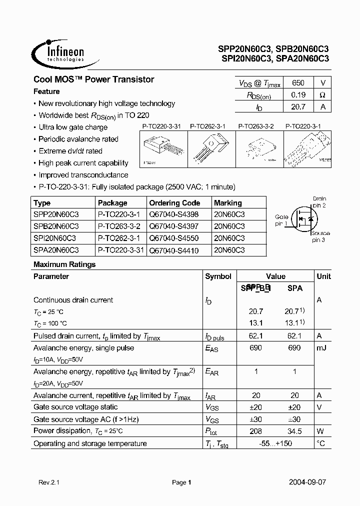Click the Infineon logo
59,52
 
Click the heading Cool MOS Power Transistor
93,79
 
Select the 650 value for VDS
297,83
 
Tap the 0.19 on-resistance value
297,94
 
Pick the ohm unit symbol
322,94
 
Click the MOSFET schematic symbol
304,218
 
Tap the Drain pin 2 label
319,202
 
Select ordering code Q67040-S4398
173,214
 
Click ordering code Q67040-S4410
173,249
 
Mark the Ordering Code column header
174,203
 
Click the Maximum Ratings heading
64,264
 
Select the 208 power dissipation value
256,430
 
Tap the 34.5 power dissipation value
295,430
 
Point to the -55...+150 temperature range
275,443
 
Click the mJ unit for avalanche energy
321,348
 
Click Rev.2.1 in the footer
48,482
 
